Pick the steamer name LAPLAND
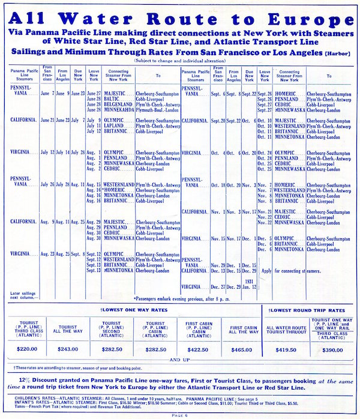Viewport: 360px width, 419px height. (115, 126)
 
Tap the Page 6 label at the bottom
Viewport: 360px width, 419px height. (179, 414)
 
